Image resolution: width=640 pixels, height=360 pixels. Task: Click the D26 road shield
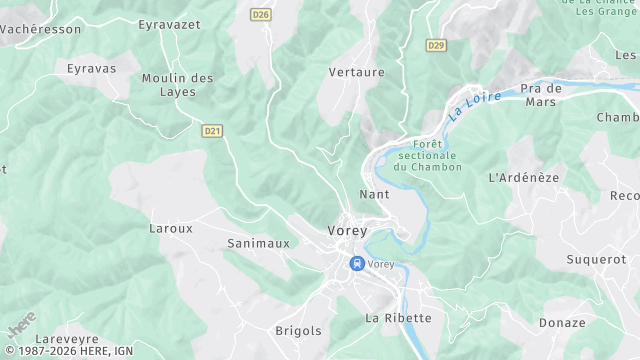261,14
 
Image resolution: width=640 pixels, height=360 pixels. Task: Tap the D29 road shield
436,45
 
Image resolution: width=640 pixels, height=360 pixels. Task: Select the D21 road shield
211,130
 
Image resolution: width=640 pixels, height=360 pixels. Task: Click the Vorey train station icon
356,264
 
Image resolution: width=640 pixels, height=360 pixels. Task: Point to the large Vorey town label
347,231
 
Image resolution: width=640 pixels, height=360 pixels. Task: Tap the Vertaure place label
357,72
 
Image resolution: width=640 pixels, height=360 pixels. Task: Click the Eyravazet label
170,23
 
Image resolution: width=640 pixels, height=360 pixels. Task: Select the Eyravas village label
91,69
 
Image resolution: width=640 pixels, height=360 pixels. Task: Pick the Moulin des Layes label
178,85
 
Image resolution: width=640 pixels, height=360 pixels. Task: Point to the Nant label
374,194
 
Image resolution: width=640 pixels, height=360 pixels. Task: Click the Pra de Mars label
541,95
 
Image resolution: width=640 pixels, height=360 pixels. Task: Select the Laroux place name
170,228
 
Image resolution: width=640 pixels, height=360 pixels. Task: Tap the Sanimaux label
258,243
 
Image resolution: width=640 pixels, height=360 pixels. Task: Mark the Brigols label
298,330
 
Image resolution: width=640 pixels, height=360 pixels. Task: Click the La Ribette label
398,318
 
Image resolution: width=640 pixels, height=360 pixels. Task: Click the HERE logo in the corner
21,326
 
